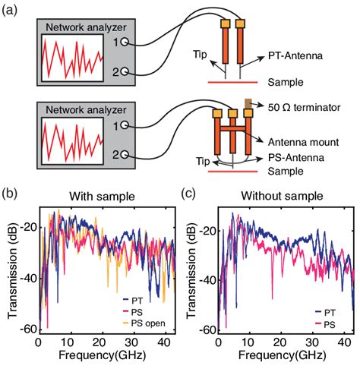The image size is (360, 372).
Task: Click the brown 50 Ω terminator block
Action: pyautogui.click(x=248, y=102)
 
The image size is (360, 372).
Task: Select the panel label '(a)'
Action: pyautogui.click(x=13, y=9)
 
